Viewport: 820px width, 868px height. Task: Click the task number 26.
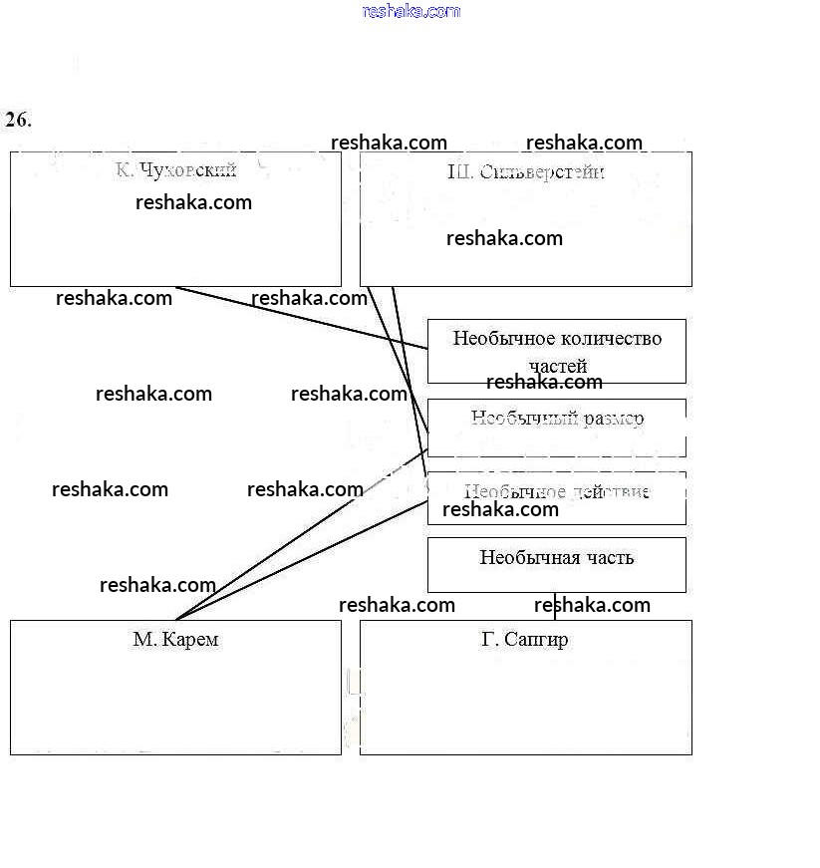click(x=18, y=121)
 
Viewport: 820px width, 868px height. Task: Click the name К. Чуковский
click(x=175, y=170)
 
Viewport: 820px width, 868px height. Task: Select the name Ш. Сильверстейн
click(x=526, y=172)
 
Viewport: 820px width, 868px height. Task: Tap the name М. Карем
click(x=175, y=640)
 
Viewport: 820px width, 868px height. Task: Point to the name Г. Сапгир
click(x=525, y=640)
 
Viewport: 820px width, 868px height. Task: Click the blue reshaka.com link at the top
click(x=411, y=11)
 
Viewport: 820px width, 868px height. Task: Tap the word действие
click(x=610, y=492)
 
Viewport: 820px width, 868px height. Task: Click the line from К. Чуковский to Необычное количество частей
click(x=299, y=318)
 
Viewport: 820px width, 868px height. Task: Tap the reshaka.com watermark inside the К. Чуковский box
click(x=193, y=202)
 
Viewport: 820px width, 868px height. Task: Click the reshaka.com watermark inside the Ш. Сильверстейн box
click(x=504, y=238)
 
